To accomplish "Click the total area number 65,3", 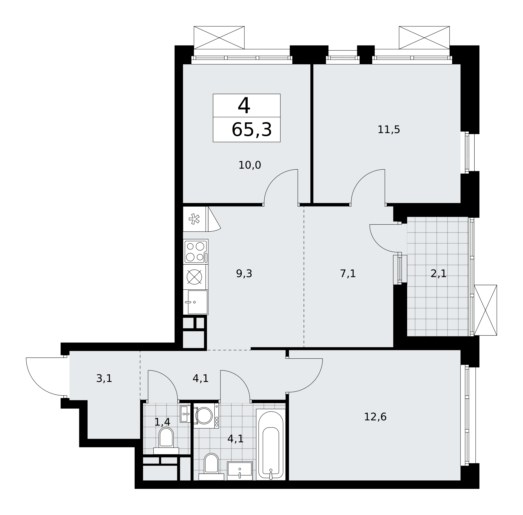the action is pos(251,130).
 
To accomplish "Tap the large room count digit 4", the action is pos(244,106).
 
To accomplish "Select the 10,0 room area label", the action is pos(249,165).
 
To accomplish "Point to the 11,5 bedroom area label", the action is pos(389,130).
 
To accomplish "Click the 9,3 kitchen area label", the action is pos(244,273).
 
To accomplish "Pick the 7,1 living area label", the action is pos(348,273).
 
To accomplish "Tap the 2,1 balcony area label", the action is pos(438,273).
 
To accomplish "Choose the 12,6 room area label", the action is pos(375,416).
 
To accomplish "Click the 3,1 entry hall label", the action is pos(104,378).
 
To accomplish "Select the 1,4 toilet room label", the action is pos(162,422).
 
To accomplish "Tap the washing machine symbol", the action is pos(206,415).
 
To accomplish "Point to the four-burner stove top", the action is pos(195,251).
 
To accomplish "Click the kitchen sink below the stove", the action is pos(195,302).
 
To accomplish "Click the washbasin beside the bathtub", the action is pos(240,471).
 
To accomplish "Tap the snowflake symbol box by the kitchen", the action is pos(194,219).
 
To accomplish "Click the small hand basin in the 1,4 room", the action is pos(185,414).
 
